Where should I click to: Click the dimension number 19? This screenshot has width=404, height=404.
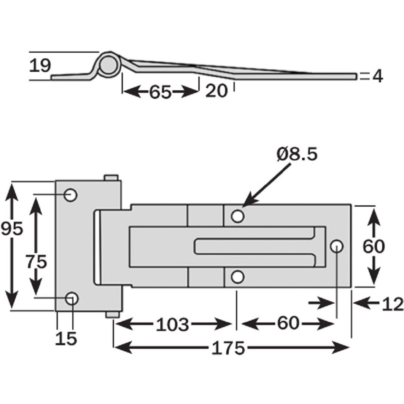[40, 65]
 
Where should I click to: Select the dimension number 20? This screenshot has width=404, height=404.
[217, 90]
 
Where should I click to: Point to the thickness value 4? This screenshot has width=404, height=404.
[377, 76]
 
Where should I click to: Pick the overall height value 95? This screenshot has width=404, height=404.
[12, 229]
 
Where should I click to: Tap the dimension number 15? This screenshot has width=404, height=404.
[66, 338]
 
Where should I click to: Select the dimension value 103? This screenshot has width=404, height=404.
[173, 325]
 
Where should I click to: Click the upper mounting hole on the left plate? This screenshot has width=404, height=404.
[71, 194]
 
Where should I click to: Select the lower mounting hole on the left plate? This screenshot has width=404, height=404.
[72, 298]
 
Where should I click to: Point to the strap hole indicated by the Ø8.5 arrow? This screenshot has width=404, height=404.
[238, 217]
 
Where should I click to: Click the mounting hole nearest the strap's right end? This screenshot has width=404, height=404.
[337, 246]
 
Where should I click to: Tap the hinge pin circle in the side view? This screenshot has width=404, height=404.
[108, 64]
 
